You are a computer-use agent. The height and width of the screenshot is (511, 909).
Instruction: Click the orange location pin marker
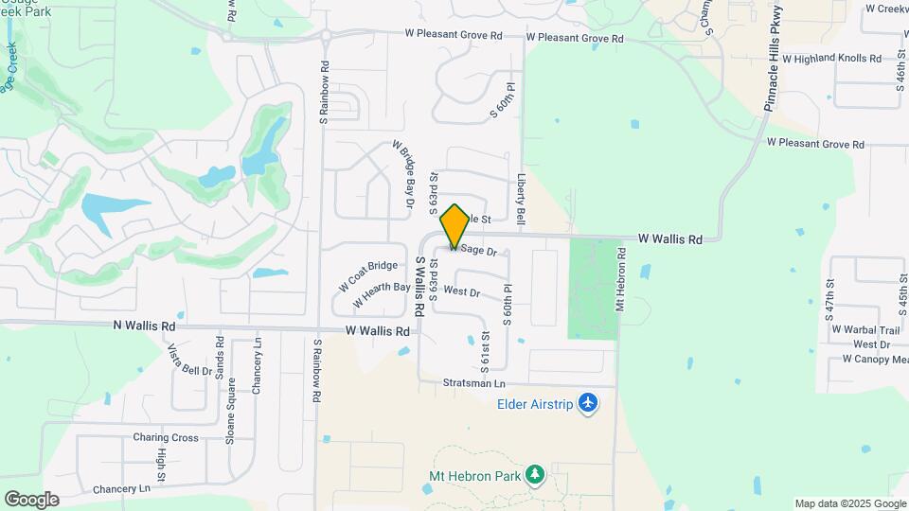click(x=454, y=224)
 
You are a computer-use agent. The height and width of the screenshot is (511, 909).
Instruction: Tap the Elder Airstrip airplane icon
click(x=589, y=404)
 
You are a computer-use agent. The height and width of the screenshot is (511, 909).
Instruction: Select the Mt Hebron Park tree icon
click(x=536, y=473)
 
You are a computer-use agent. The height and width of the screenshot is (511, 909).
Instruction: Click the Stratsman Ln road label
click(x=474, y=383)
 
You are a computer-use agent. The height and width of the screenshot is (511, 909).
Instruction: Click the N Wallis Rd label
click(x=144, y=326)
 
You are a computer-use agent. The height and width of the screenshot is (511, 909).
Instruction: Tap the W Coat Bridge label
click(x=367, y=276)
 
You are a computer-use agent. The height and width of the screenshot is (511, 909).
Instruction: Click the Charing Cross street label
click(x=166, y=438)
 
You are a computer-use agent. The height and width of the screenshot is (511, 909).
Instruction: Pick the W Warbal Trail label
click(x=863, y=330)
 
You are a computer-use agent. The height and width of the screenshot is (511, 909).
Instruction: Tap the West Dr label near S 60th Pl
click(x=462, y=292)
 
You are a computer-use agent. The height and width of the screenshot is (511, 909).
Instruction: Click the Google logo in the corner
click(x=31, y=499)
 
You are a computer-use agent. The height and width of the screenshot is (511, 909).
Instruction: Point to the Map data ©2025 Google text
click(x=850, y=503)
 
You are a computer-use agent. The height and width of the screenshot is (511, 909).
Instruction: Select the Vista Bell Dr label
click(x=190, y=360)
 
